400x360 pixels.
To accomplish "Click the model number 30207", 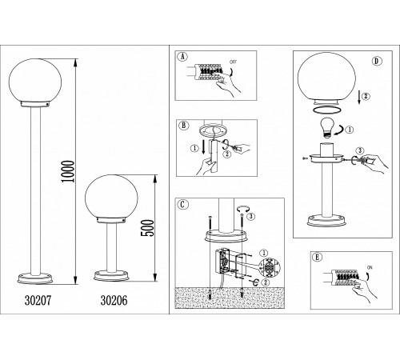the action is pyautogui.click(x=38, y=301).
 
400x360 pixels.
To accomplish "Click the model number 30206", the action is pyautogui.click(x=114, y=301).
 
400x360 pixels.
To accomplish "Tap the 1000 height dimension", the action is pyautogui.click(x=67, y=171).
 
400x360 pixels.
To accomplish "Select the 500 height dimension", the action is pyautogui.click(x=147, y=228).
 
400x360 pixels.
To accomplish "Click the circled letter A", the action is pyautogui.click(x=182, y=57).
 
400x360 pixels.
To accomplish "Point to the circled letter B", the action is pyautogui.click(x=184, y=126).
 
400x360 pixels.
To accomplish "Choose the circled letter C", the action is pyautogui.click(x=182, y=205).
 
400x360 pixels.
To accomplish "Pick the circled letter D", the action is pyautogui.click(x=376, y=61).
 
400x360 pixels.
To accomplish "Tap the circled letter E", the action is pyautogui.click(x=317, y=258).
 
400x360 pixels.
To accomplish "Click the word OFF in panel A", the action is pyautogui.click(x=233, y=62).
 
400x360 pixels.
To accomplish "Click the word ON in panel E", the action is pyautogui.click(x=370, y=267).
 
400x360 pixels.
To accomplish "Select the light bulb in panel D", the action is pyautogui.click(x=327, y=128).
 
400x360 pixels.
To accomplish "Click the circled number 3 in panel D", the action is pyautogui.click(x=360, y=150).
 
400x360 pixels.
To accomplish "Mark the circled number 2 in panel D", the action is pyautogui.click(x=366, y=96).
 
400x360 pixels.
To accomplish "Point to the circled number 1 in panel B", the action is pyautogui.click(x=194, y=149).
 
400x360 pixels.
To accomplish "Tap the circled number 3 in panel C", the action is pyautogui.click(x=250, y=217).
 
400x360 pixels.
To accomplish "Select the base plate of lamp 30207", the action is pyautogui.click(x=35, y=278).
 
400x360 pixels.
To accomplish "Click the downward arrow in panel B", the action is pyautogui.click(x=203, y=147).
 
